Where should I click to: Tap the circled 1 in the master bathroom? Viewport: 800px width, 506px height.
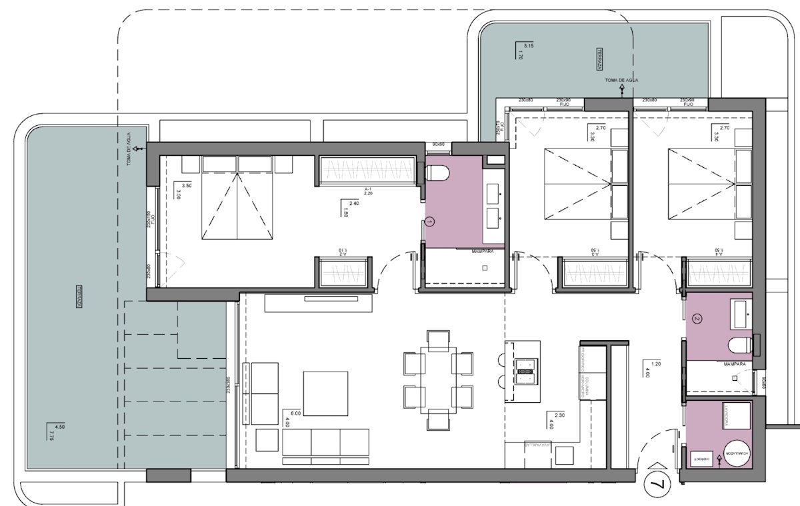click(x=430, y=220)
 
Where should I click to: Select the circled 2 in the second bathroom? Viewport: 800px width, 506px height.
click(x=697, y=319)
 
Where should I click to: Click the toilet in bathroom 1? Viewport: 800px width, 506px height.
click(x=438, y=174)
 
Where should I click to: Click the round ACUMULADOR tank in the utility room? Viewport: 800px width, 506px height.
click(x=737, y=455)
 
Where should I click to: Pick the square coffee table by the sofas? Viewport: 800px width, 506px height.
click(x=325, y=393)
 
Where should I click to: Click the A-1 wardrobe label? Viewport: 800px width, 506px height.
click(x=367, y=190)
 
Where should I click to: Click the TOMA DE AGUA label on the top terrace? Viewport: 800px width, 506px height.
click(x=621, y=81)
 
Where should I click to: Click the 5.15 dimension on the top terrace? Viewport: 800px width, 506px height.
click(x=529, y=45)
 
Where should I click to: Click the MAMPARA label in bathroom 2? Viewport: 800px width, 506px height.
click(x=733, y=364)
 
